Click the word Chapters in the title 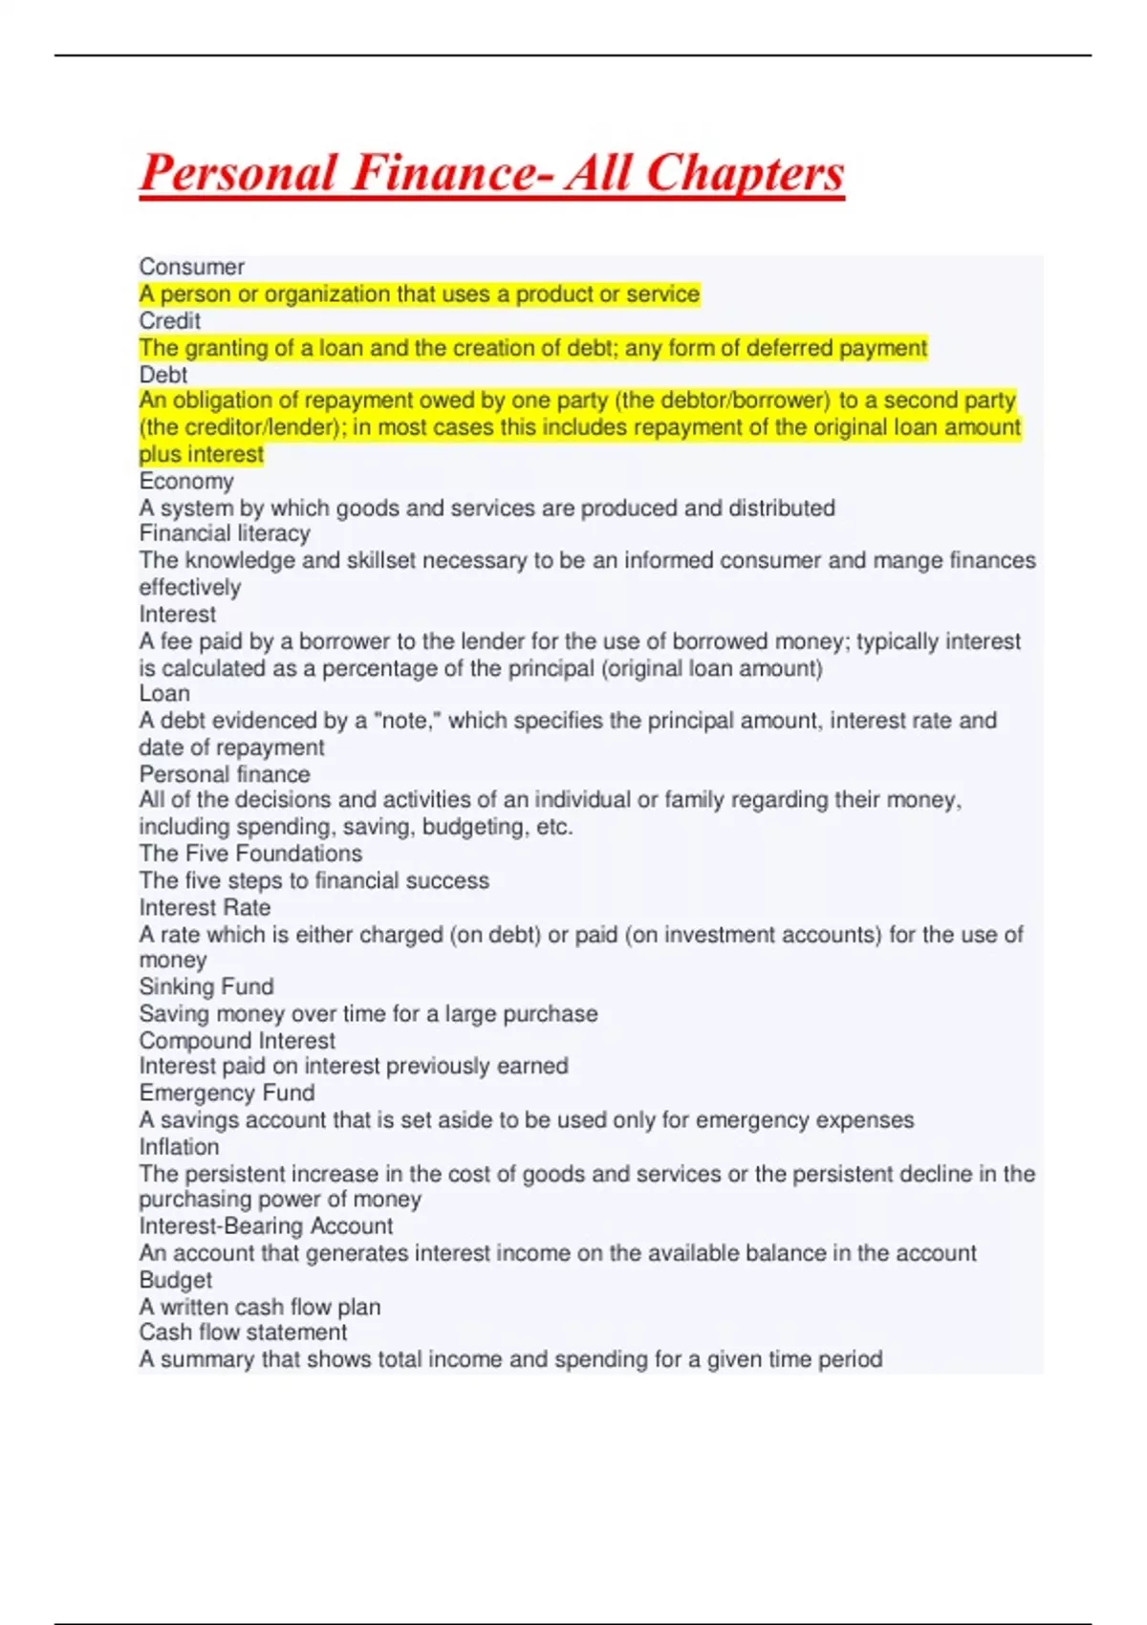pyautogui.click(x=745, y=174)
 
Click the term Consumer pyautogui.click(x=191, y=267)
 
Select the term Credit pyautogui.click(x=169, y=320)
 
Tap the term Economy pyautogui.click(x=185, y=481)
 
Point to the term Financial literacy pyautogui.click(x=225, y=533)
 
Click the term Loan pyautogui.click(x=164, y=693)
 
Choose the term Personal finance pyautogui.click(x=225, y=773)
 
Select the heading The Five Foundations pyautogui.click(x=250, y=853)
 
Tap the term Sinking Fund pyautogui.click(x=206, y=986)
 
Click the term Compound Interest pyautogui.click(x=237, y=1040)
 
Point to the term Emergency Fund pyautogui.click(x=227, y=1093)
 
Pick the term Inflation pyautogui.click(x=179, y=1146)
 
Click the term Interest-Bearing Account pyautogui.click(x=266, y=1225)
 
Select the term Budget pyautogui.click(x=176, y=1279)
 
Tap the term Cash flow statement pyautogui.click(x=243, y=1332)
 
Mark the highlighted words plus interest pyautogui.click(x=201, y=454)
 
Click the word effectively pyautogui.click(x=189, y=587)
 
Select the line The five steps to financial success pyautogui.click(x=314, y=880)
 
